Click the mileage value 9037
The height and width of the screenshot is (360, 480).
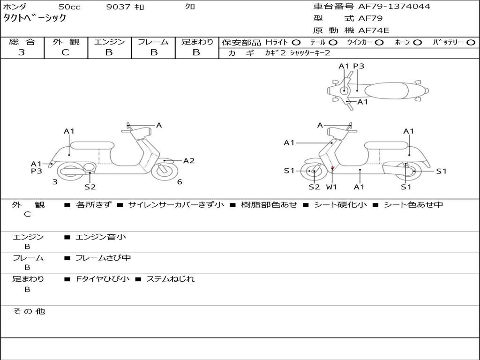pos(119,7)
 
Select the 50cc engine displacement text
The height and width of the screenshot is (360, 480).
pos(69,7)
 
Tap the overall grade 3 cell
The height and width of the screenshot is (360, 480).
pos(22,52)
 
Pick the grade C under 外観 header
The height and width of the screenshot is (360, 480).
pos(66,52)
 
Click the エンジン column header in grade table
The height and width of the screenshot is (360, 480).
pos(109,42)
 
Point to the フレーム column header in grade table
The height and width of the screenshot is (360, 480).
pos(153,42)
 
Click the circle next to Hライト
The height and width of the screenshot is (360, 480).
pos(296,43)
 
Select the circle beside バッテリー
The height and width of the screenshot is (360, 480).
pos(471,43)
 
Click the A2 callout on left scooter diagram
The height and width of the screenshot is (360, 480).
pos(188,161)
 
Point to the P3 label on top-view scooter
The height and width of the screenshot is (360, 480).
pos(359,66)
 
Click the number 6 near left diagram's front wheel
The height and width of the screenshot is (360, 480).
pos(180,182)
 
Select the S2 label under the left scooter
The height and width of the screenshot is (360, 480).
pos(90,187)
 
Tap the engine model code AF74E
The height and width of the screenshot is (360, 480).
pos(374,31)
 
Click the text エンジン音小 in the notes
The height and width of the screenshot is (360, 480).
pos(101,237)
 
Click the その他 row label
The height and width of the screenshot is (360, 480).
pos(29,311)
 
